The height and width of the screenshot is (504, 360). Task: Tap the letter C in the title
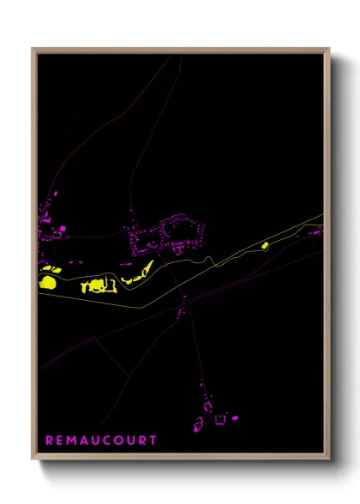coord(106,441)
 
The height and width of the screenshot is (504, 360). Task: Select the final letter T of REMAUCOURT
coord(153,441)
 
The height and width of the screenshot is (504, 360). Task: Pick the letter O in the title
coord(117,441)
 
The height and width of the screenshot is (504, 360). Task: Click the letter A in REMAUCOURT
coord(83,441)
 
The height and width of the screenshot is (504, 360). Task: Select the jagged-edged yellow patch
coord(97,285)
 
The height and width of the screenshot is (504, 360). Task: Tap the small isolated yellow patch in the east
coord(264,246)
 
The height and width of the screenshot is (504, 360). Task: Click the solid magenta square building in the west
coord(61,228)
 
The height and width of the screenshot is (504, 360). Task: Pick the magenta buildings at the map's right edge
coord(316,231)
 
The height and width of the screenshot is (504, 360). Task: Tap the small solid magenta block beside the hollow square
coord(234,417)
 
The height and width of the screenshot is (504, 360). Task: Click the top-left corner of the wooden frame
coord(33,49)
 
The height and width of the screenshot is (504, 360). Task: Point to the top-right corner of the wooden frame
coord(329,49)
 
